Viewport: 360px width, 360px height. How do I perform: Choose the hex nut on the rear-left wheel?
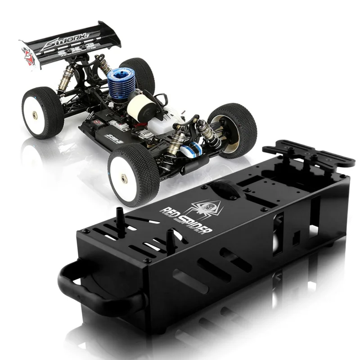(35, 115)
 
